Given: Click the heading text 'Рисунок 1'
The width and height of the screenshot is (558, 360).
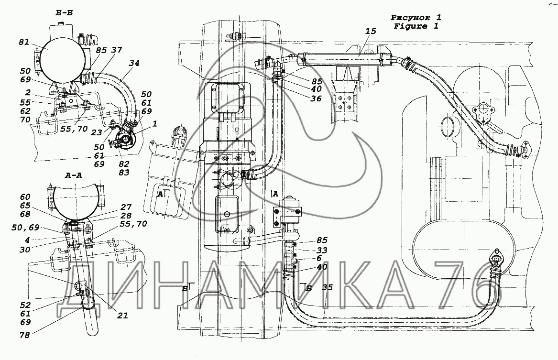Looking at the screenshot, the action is [x=416, y=17].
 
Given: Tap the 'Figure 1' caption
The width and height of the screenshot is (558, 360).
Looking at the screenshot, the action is [x=416, y=26].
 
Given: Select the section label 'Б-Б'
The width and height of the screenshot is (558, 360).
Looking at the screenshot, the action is [x=64, y=13].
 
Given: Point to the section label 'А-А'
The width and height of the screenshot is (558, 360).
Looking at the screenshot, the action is [x=74, y=175].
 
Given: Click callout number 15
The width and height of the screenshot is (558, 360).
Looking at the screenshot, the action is [x=371, y=31].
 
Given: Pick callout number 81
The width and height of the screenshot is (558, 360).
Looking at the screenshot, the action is [x=24, y=42].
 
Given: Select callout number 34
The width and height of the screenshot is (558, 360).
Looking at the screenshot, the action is [x=134, y=63].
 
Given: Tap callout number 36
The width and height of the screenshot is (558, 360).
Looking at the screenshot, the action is [x=316, y=98].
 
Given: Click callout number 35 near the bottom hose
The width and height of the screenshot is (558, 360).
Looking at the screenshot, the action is [x=328, y=287].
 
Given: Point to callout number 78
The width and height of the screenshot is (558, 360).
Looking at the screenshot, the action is [x=25, y=335].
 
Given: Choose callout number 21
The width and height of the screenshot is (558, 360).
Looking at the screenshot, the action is [x=122, y=315].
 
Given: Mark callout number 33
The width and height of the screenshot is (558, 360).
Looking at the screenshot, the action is [x=322, y=250].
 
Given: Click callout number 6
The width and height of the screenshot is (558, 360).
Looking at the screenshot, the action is [x=319, y=258].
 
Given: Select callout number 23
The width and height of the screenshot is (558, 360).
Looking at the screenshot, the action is [x=97, y=132].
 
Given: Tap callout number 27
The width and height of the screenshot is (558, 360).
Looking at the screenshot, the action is [x=126, y=207].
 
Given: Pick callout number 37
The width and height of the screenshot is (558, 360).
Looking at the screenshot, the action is [x=116, y=50].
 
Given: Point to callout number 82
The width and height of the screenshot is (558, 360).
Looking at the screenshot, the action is [x=124, y=164].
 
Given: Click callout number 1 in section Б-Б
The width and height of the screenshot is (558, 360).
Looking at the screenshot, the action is [x=154, y=124].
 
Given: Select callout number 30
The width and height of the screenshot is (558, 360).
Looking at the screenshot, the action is [x=25, y=250].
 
